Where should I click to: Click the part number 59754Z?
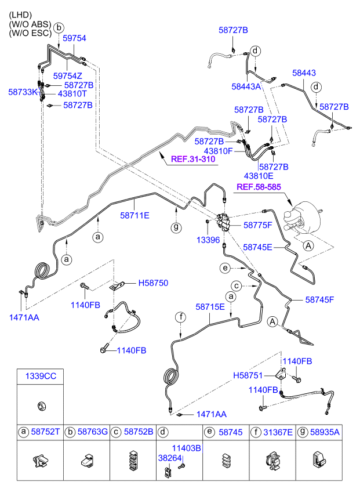pyautogui.click(x=67, y=76)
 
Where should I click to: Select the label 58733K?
pyautogui.click(x=23, y=92)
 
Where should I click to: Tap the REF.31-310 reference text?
pyautogui.click(x=193, y=159)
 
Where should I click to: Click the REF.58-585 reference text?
pyautogui.click(x=259, y=187)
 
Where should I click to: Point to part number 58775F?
pyautogui.click(x=258, y=225)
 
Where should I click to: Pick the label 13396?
pyautogui.click(x=208, y=240)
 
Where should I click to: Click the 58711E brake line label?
pyautogui.click(x=135, y=216)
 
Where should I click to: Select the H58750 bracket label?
pyautogui.click(x=153, y=283)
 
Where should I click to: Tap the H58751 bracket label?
pyautogui.click(x=248, y=375)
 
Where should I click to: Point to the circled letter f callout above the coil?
pyautogui.click(x=181, y=317)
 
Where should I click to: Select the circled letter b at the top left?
pyautogui.click(x=59, y=28)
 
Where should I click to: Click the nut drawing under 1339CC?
pyautogui.click(x=41, y=406)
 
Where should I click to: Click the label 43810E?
pyautogui.click(x=259, y=176)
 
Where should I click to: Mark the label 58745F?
pyautogui.click(x=320, y=299)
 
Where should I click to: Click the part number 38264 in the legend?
pyautogui.click(x=170, y=458)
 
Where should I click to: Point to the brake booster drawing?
pyautogui.click(x=301, y=220)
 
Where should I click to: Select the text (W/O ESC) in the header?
pyautogui.click(x=30, y=33)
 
